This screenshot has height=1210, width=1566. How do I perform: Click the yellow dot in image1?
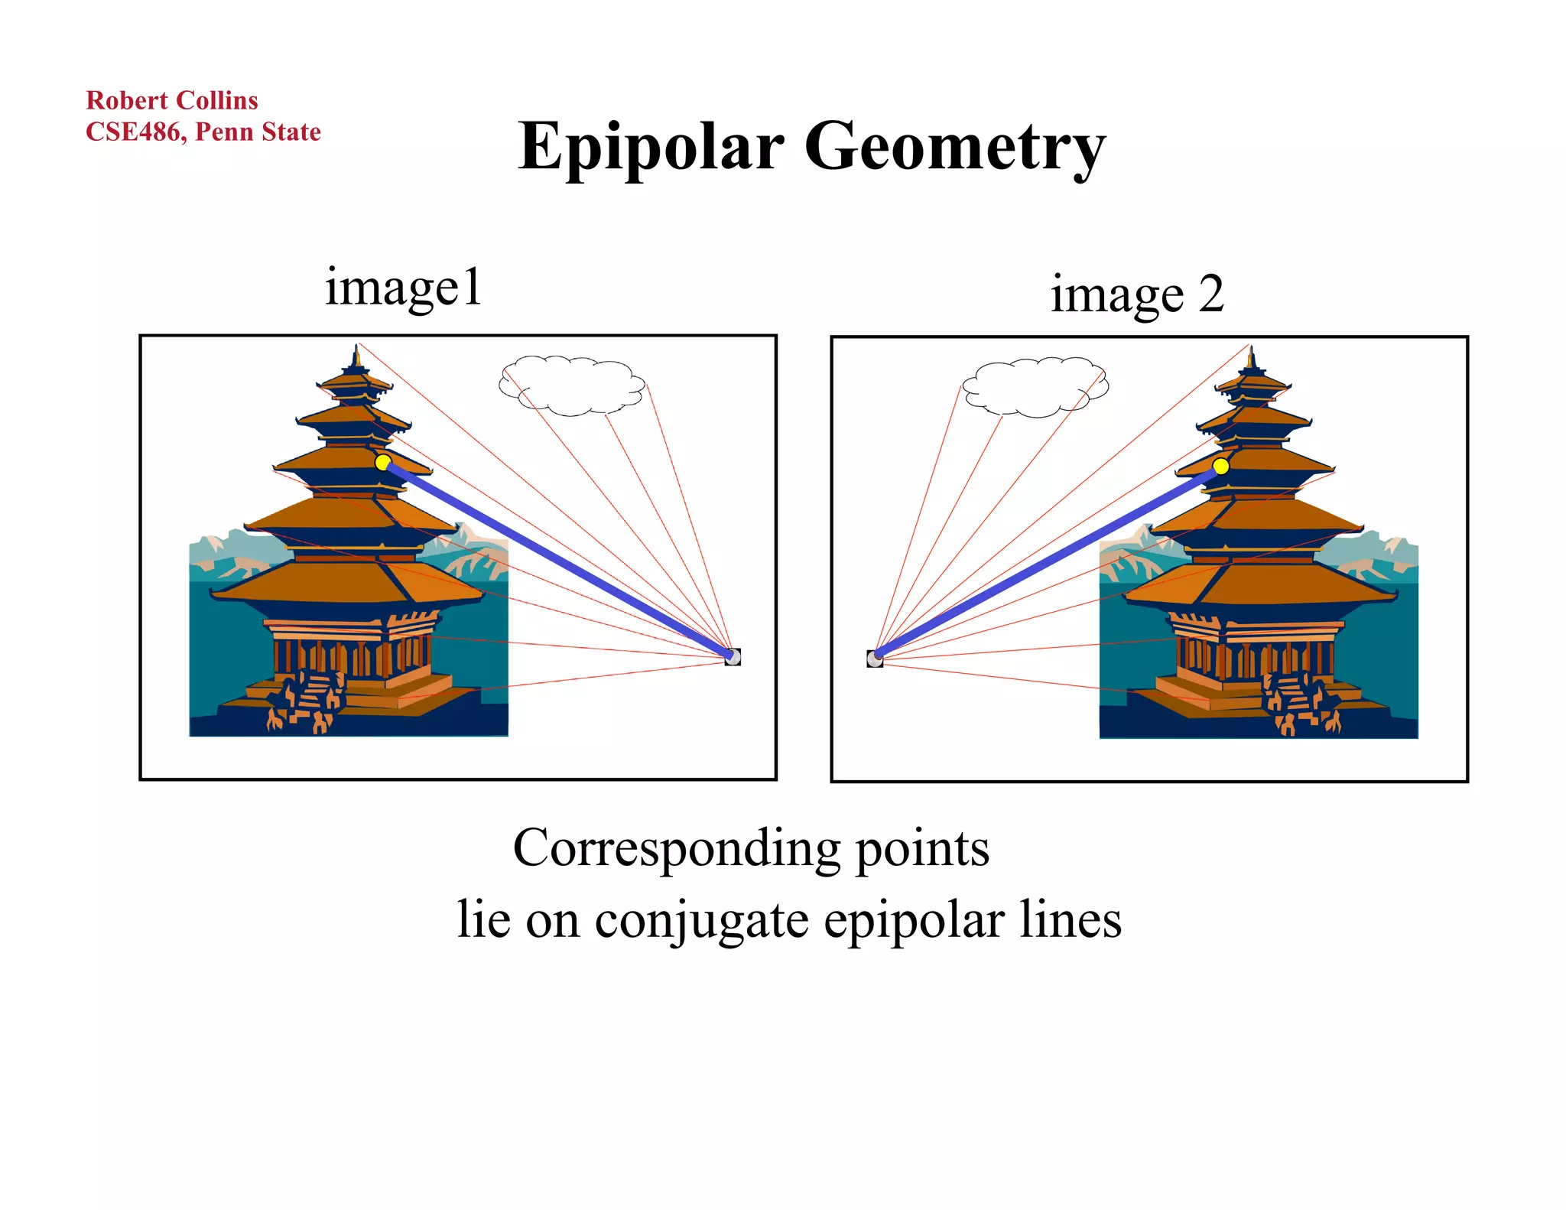tap(383, 462)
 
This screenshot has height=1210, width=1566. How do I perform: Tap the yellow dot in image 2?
tap(1220, 466)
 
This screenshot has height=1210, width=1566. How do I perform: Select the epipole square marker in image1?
tap(733, 656)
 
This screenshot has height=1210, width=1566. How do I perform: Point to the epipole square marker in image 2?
tap(875, 659)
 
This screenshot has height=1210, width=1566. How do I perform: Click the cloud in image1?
tap(572, 385)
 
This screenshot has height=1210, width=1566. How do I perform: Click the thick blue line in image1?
tap(558, 559)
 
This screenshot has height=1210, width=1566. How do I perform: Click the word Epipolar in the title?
tap(651, 147)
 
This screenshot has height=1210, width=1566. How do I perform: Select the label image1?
tap(403, 288)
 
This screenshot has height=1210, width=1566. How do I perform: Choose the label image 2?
tap(1136, 294)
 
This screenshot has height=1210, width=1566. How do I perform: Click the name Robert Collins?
tap(172, 100)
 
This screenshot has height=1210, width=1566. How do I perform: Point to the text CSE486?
tap(133, 132)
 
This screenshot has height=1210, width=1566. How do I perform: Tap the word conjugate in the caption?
tap(701, 920)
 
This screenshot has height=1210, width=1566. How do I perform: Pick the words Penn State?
tap(258, 132)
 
